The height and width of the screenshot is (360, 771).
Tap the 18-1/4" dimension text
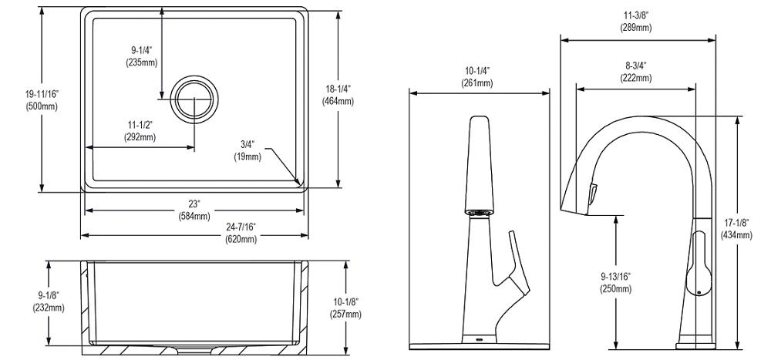pos(339,95)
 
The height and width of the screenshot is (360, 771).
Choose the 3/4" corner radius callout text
pos(247,150)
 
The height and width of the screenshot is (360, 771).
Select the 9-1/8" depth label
pos(49,301)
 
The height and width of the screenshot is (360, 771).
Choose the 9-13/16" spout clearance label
pos(615,282)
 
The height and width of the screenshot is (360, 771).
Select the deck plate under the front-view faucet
pos(479,341)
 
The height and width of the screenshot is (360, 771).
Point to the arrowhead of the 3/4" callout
pos(298,183)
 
